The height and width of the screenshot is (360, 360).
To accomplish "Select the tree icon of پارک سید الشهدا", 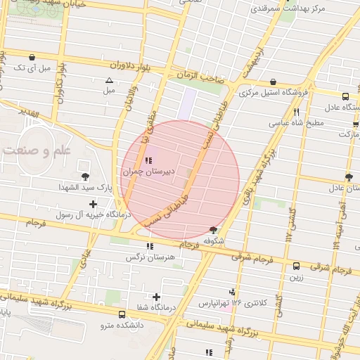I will coord(86,176).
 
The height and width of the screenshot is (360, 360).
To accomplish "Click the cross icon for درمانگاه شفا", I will coord(156,297).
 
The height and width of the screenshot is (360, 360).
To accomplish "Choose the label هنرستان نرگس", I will coord(149,257).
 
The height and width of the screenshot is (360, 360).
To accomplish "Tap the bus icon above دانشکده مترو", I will coord(122,314).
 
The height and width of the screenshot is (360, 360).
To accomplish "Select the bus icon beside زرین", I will coord(296,266).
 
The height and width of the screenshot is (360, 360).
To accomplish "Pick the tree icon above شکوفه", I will coord(214,230).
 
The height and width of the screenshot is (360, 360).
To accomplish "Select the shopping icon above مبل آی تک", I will coord(32,57).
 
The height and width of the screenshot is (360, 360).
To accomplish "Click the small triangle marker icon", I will coord(109,80).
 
